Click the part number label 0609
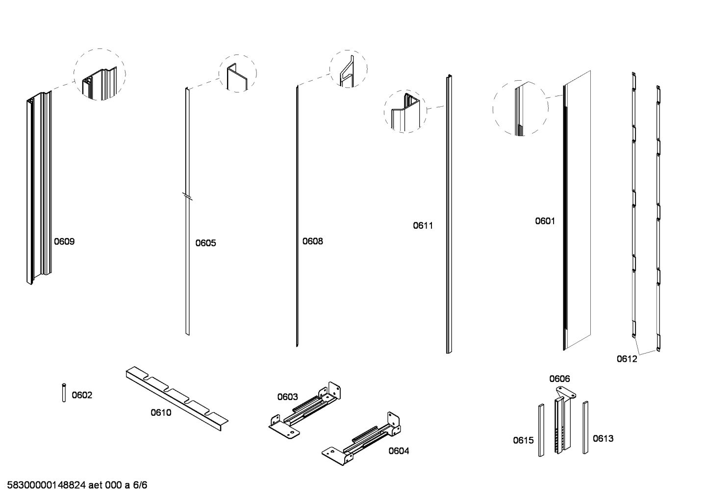[64, 241]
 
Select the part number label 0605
[205, 243]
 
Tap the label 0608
[312, 241]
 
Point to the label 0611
[423, 225]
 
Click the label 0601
[545, 221]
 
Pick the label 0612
[627, 359]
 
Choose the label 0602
[82, 395]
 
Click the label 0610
[161, 413]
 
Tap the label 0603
[288, 397]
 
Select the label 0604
[399, 451]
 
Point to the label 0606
[559, 379]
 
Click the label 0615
[523, 440]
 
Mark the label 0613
[603, 438]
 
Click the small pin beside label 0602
[64, 393]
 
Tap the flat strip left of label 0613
[585, 428]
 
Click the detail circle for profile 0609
[100, 74]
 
